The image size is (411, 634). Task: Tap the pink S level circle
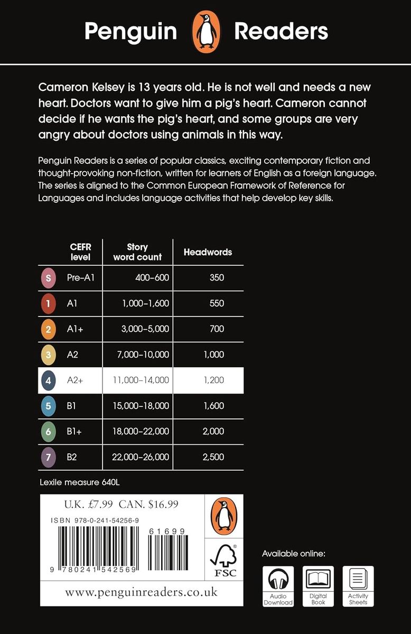(48, 277)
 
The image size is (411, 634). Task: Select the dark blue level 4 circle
(48, 380)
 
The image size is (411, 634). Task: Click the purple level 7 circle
(48, 457)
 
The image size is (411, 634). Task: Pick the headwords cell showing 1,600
(213, 406)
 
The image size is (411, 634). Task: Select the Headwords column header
(208, 252)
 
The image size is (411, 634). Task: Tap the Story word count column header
(137, 252)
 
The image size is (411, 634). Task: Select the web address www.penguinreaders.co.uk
(141, 592)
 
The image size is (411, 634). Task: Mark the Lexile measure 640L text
(83, 482)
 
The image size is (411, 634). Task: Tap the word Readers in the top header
(281, 32)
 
